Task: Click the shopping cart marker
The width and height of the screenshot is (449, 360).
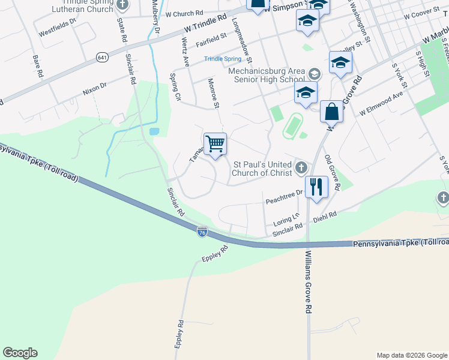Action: pos(215,144)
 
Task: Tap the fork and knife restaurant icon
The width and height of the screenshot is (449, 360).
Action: pos(316,186)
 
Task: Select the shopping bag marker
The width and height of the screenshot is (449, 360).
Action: pos(331,111)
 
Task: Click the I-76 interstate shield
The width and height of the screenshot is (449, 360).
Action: pos(202,232)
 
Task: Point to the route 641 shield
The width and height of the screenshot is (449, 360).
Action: pos(100,57)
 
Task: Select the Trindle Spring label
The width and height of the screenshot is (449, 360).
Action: pos(222,59)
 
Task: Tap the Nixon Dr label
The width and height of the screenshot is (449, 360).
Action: pos(94,89)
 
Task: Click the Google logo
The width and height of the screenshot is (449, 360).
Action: pos(20,353)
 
